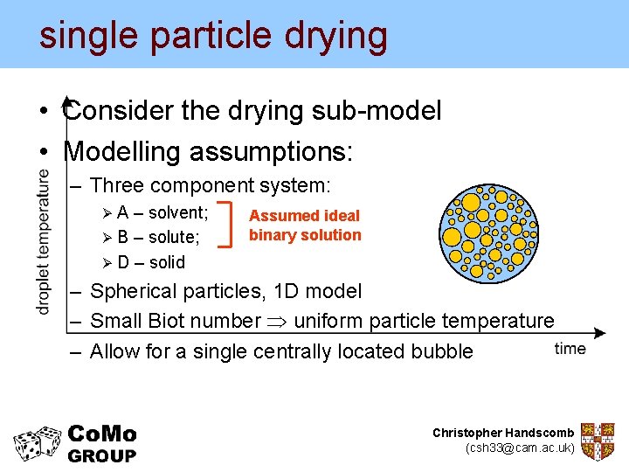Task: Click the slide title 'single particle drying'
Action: click(x=213, y=35)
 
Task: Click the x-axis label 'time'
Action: click(x=570, y=349)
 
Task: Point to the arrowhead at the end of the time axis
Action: click(x=600, y=333)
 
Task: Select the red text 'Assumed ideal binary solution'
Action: click(x=304, y=225)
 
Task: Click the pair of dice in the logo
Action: click(x=38, y=443)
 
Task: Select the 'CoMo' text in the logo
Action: click(x=102, y=434)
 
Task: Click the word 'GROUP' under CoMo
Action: click(x=102, y=455)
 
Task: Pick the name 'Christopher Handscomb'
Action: click(x=503, y=433)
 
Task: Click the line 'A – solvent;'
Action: click(x=162, y=212)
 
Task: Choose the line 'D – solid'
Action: click(x=151, y=262)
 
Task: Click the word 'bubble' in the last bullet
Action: click(x=441, y=351)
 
